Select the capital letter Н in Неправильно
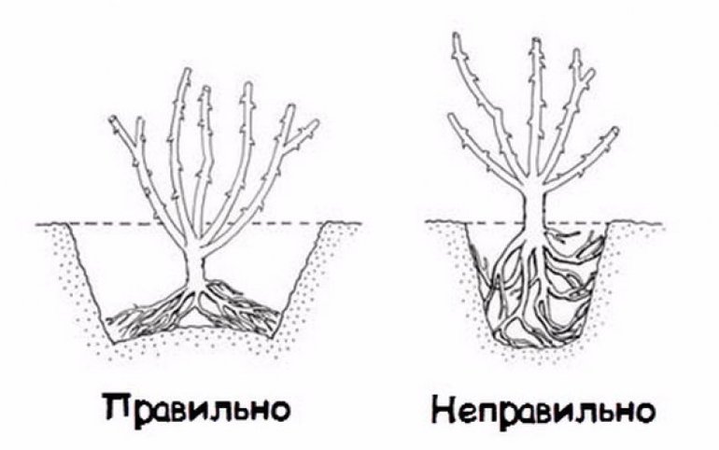(445, 407)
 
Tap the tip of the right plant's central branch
(535, 41)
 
